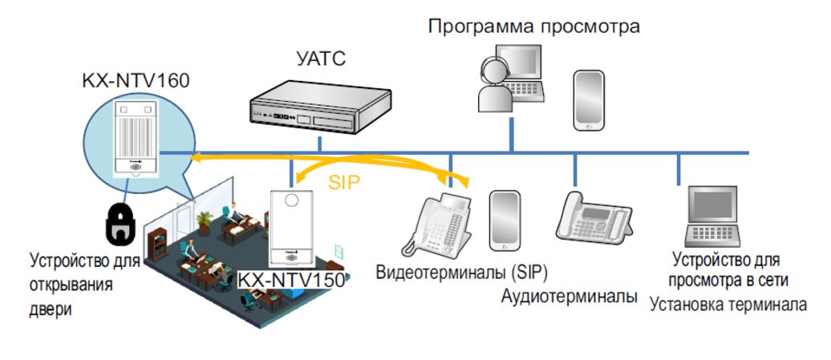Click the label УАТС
(321, 59)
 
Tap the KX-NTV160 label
(135, 81)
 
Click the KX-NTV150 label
(291, 279)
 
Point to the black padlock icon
(121, 224)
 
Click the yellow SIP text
(344, 183)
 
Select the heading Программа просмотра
(534, 26)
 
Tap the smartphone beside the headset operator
(589, 100)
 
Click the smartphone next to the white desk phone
(504, 220)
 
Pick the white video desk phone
(437, 226)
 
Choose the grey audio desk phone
(594, 217)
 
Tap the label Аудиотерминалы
(569, 297)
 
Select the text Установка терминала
(728, 305)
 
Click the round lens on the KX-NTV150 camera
(291, 200)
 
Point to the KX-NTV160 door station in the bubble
(136, 139)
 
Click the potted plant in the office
(204, 222)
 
